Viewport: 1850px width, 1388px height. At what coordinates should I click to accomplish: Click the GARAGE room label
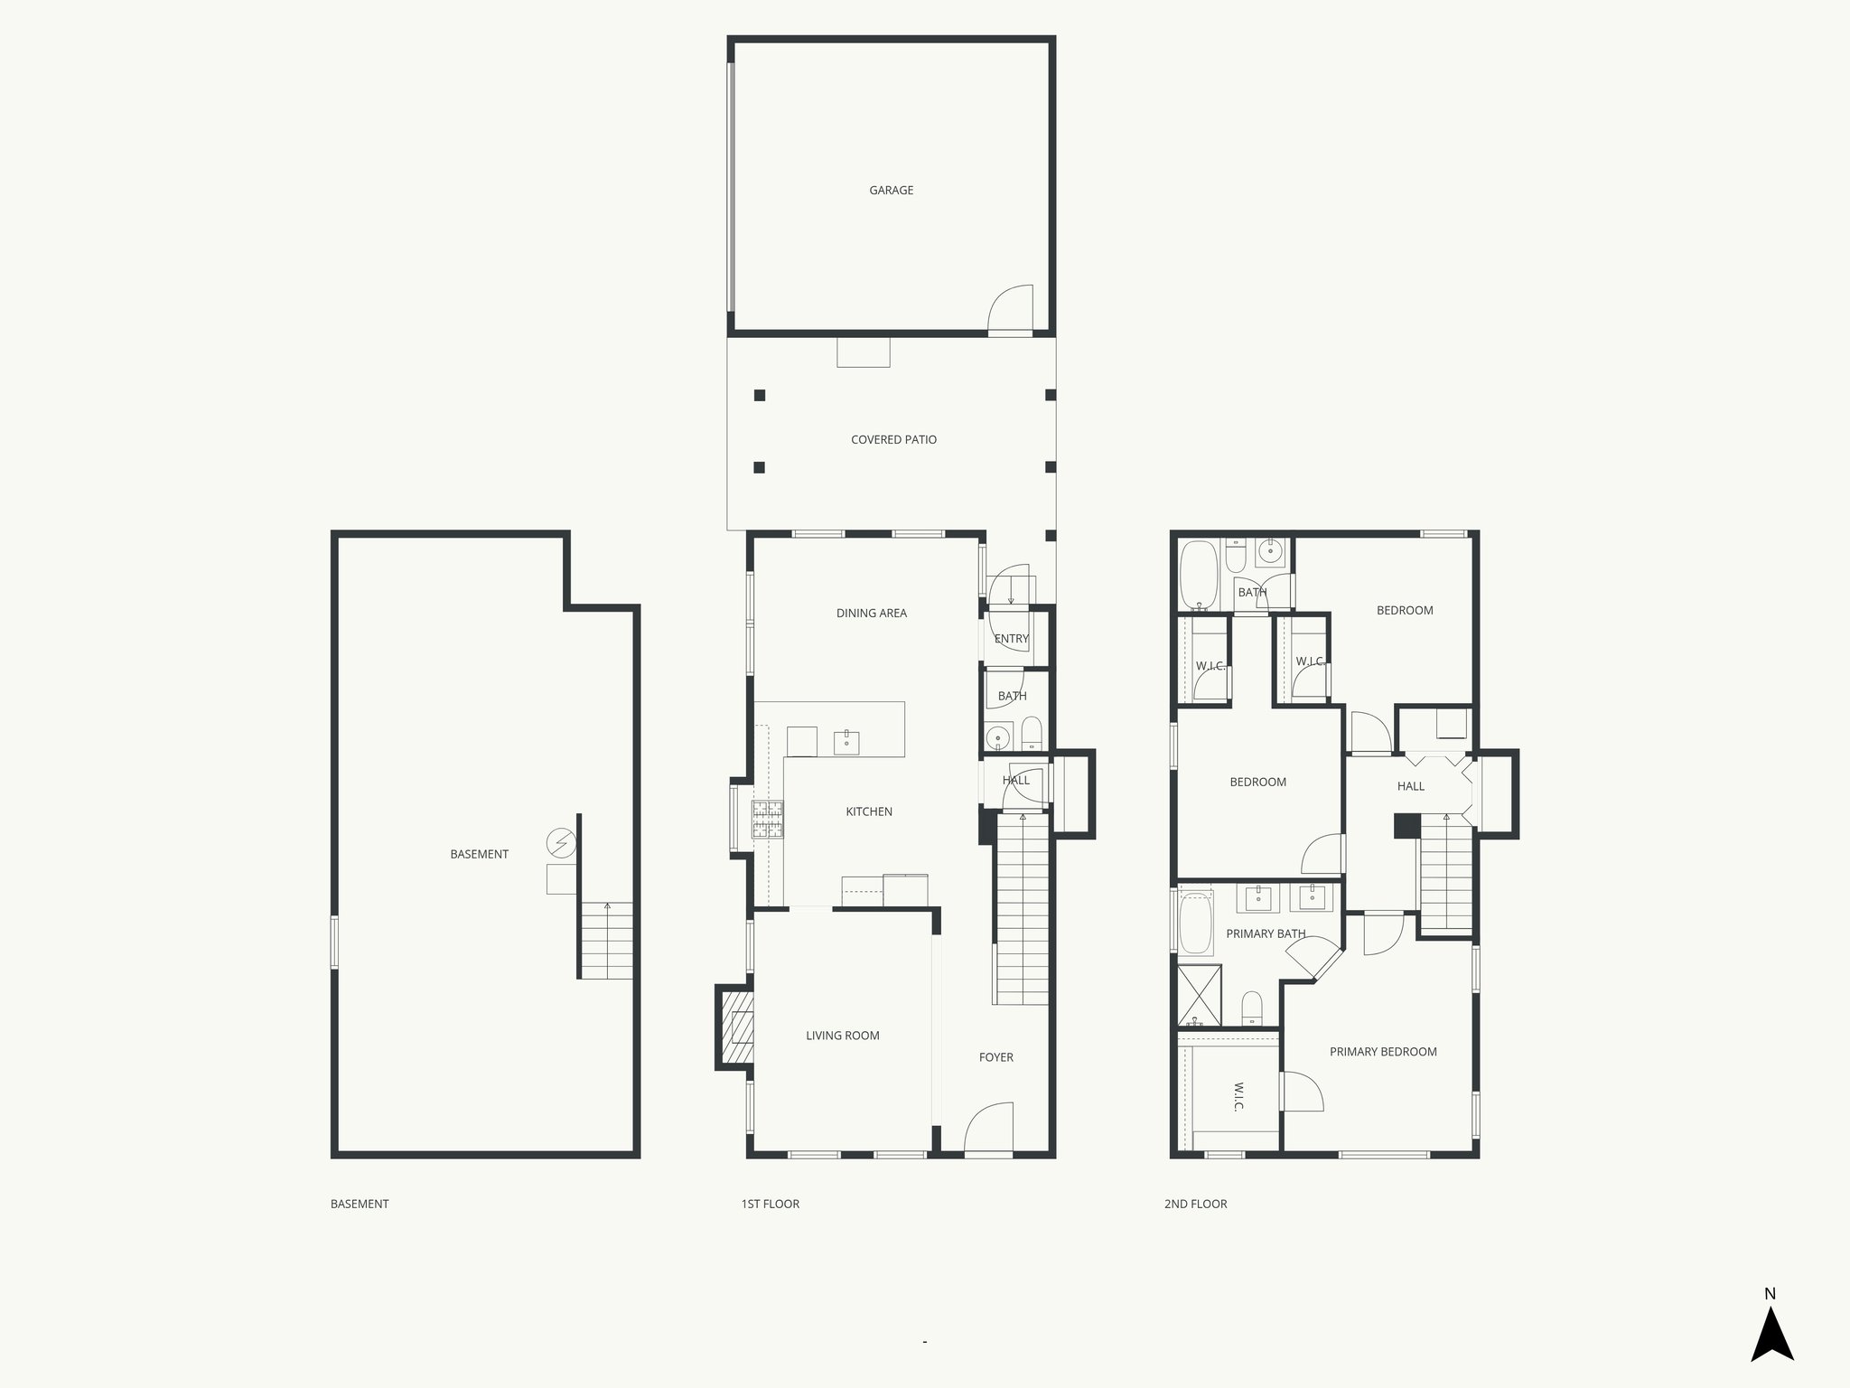[891, 191]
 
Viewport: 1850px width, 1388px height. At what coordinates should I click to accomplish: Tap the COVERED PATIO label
[893, 440]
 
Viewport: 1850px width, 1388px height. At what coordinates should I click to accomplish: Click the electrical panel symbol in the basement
[561, 843]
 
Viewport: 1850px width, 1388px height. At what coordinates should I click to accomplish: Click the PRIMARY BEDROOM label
[1382, 1052]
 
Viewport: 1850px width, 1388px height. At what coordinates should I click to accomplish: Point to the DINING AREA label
[871, 614]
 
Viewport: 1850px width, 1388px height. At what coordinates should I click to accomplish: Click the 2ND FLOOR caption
[1195, 1204]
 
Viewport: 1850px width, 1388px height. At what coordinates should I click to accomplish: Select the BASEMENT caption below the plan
[360, 1204]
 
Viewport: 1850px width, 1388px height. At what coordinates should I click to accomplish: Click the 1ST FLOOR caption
[770, 1204]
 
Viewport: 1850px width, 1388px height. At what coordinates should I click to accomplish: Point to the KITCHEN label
[868, 812]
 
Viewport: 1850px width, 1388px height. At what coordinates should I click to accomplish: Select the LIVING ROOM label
[842, 1036]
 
